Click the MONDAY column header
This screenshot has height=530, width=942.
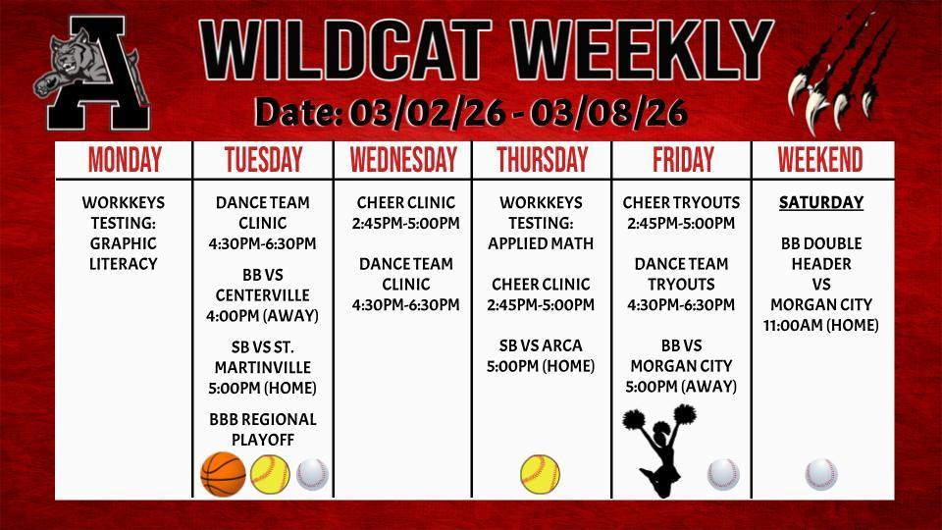pyautogui.click(x=125, y=159)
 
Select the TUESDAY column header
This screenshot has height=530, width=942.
pyautogui.click(x=263, y=159)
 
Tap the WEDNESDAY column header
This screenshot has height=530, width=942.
pyautogui.click(x=403, y=159)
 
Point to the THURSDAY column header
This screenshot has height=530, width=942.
pyautogui.click(x=542, y=159)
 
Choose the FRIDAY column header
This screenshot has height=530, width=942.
pyautogui.click(x=681, y=159)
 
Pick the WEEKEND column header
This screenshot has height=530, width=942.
pyautogui.click(x=820, y=159)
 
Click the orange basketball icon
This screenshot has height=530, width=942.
pyautogui.click(x=223, y=475)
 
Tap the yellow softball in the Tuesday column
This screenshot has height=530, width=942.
pyautogui.click(x=270, y=475)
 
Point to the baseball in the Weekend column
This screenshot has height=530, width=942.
pyautogui.click(x=821, y=475)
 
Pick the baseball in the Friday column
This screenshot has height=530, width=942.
pyautogui.click(x=723, y=475)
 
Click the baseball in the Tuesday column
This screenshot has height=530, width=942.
pyautogui.click(x=312, y=475)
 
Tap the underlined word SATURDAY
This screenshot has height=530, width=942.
pyautogui.click(x=821, y=203)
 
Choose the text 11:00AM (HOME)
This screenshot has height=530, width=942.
pyautogui.click(x=821, y=325)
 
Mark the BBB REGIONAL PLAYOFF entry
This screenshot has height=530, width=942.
pyautogui.click(x=263, y=430)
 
